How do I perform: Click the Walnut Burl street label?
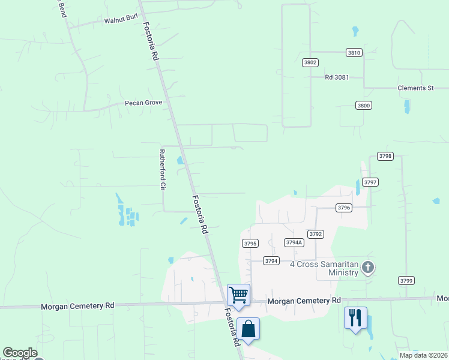click(117, 20)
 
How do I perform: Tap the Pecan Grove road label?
click(143, 103)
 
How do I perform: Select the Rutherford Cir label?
click(161, 170)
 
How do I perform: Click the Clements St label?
click(415, 88)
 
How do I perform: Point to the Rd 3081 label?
click(337, 77)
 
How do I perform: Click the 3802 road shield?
click(310, 62)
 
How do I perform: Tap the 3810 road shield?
click(354, 53)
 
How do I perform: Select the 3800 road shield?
click(364, 105)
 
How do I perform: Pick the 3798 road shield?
click(385, 156)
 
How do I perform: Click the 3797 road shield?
click(371, 182)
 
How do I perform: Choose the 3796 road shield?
click(343, 208)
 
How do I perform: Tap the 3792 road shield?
click(316, 234)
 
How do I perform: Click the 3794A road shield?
click(294, 242)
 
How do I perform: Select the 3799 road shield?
click(406, 280)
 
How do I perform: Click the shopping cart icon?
click(239, 295)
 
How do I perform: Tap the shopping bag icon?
click(249, 329)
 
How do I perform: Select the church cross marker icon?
click(367, 268)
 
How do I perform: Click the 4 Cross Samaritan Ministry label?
click(325, 268)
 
